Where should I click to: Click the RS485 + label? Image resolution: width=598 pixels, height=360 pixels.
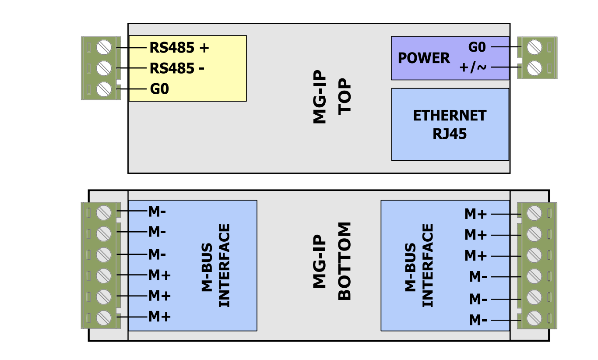(179, 47)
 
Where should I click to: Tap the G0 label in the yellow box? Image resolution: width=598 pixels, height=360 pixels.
(159, 89)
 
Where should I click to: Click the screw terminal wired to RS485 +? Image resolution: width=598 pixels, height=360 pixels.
(104, 47)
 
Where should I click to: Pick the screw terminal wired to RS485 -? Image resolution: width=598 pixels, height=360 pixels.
(104, 68)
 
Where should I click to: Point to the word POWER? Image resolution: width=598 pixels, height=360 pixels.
(423, 58)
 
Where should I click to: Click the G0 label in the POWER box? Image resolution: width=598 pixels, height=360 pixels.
(477, 47)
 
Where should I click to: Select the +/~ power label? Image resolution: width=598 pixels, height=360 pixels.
(473, 68)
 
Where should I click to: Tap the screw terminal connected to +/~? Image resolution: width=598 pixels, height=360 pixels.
(535, 68)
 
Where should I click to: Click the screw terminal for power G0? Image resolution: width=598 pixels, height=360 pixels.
(535, 47)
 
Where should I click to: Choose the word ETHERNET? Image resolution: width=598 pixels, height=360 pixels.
(450, 116)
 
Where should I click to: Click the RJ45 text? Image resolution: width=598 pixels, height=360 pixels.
(450, 134)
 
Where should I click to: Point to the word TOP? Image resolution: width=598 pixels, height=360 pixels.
(345, 97)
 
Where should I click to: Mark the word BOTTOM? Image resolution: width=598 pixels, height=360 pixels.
(345, 261)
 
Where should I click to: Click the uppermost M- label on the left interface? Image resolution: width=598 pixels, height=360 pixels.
(157, 212)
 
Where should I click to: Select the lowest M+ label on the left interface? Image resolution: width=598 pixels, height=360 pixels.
(159, 316)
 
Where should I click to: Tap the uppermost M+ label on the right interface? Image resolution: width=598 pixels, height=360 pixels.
(475, 214)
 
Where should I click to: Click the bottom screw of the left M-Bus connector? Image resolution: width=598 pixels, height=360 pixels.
(104, 317)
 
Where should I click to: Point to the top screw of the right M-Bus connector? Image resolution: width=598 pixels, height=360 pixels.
(535, 214)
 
